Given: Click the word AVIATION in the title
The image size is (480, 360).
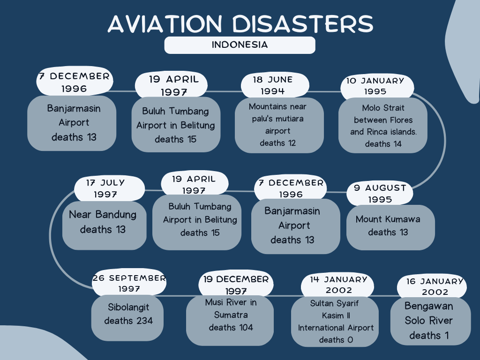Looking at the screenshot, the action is [165, 23].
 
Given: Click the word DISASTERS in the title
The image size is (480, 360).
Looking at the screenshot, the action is [302, 23].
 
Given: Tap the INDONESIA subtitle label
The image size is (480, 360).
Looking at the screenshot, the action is [240, 45].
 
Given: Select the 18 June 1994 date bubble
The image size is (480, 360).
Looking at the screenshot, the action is [275, 85].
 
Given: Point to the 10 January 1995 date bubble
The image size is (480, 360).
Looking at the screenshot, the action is [377, 87].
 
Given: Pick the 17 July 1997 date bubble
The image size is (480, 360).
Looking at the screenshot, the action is [109, 188].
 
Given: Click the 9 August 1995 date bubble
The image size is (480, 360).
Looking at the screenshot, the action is [380, 194].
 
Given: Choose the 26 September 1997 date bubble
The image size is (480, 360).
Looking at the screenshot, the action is [129, 283].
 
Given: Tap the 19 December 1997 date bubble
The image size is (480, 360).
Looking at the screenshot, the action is [236, 284].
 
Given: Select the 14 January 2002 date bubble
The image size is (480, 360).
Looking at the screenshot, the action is [337, 285].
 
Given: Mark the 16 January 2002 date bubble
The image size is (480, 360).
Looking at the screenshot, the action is [432, 286].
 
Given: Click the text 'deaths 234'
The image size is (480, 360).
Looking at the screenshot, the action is [128, 321].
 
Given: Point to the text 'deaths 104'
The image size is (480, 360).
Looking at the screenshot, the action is [231, 328].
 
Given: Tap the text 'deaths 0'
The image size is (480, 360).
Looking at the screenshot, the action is [336, 340].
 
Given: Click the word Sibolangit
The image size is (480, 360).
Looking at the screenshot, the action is [128, 307].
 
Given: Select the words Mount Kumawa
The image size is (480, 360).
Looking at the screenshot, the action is [388, 219].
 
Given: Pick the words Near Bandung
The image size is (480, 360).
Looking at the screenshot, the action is [103, 215].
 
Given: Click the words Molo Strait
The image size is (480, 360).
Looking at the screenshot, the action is [383, 108].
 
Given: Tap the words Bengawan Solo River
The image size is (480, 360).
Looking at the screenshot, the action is [428, 313].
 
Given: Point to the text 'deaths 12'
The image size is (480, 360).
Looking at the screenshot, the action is [277, 143].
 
